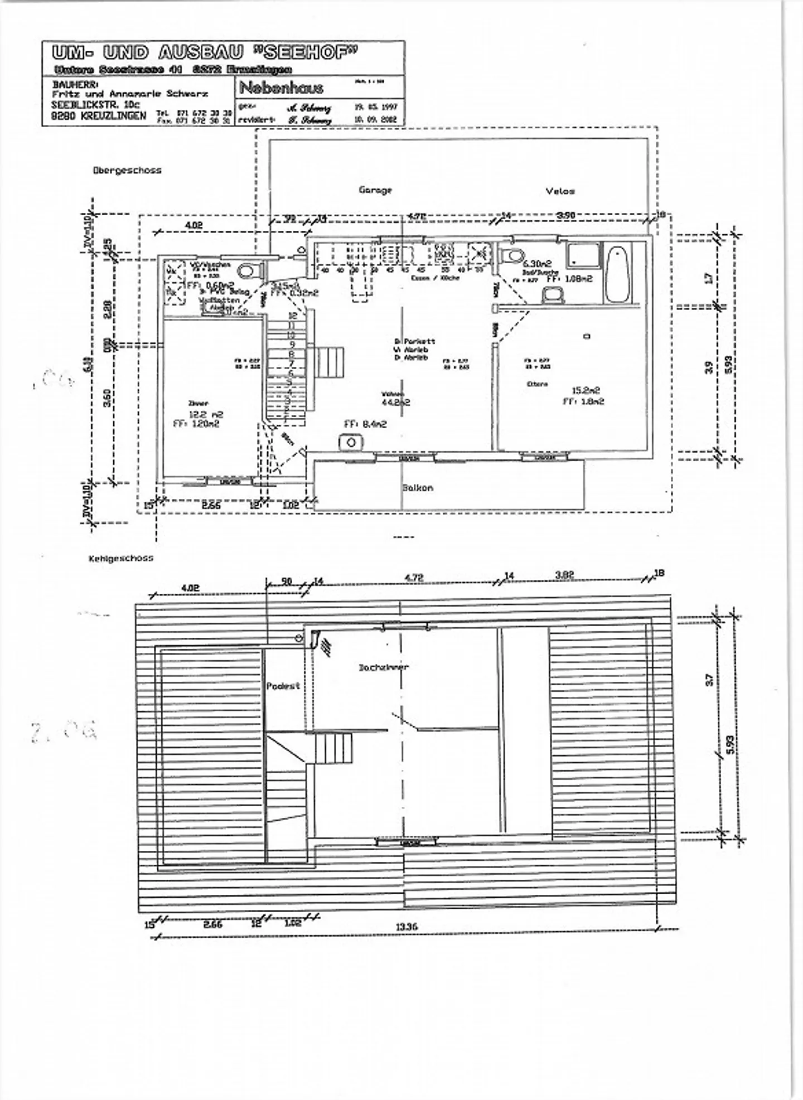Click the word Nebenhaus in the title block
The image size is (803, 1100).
(x=281, y=88)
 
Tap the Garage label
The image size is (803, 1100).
(x=375, y=190)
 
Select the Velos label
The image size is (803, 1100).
(x=560, y=191)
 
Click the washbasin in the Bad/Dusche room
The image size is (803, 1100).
(x=554, y=295)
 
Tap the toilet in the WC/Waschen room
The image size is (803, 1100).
(x=245, y=272)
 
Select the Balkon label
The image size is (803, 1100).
(x=418, y=488)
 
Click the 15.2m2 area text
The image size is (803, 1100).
(x=585, y=391)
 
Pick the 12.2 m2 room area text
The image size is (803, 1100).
(x=206, y=414)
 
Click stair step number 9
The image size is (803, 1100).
(x=291, y=345)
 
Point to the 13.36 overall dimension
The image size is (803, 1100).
(x=407, y=927)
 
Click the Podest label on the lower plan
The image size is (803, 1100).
(x=283, y=686)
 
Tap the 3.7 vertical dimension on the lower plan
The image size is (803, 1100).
(x=709, y=680)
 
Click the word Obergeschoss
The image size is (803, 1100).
(x=127, y=171)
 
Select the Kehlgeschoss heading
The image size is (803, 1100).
(x=120, y=558)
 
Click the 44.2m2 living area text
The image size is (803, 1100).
(x=395, y=401)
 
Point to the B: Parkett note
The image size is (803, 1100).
(x=414, y=341)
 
